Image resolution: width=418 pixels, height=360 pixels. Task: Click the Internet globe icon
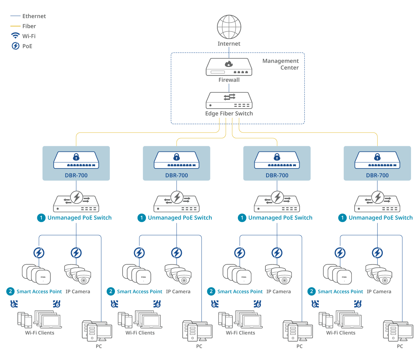229,26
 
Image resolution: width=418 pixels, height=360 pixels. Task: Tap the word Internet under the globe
229,44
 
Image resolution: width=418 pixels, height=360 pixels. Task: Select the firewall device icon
229,67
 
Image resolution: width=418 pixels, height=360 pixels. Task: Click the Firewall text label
229,80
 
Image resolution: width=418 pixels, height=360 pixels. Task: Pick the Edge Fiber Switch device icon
229,101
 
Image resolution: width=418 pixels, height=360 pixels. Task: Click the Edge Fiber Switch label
229,114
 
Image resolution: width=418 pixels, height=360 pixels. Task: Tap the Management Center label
280,64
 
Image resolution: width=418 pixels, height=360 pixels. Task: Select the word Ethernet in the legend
34,16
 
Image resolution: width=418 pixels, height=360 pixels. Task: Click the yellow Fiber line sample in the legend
15,26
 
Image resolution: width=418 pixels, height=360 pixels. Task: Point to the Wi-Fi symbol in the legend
15,36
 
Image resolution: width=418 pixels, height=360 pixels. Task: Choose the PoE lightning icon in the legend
15,46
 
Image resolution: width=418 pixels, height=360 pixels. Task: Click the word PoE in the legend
27,46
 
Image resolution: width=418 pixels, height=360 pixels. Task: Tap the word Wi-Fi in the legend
29,36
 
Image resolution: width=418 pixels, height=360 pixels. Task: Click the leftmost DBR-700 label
76,175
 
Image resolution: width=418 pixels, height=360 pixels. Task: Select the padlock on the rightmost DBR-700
377,157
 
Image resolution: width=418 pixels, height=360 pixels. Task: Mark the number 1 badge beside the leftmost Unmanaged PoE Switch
41,218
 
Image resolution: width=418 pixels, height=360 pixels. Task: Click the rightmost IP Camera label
379,292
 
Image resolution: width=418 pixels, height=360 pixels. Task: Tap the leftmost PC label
99,346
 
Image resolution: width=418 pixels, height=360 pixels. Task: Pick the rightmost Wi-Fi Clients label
341,333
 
